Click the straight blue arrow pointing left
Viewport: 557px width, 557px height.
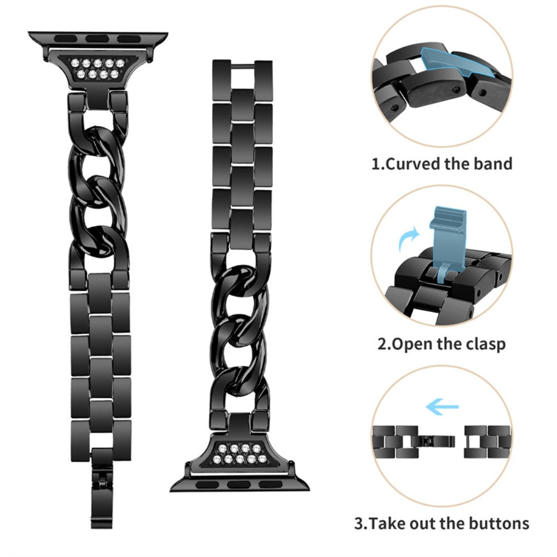(442, 407)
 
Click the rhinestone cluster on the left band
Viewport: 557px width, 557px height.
(97, 69)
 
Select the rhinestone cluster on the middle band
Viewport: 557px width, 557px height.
(239, 453)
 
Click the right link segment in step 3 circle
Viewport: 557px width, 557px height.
(487, 442)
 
